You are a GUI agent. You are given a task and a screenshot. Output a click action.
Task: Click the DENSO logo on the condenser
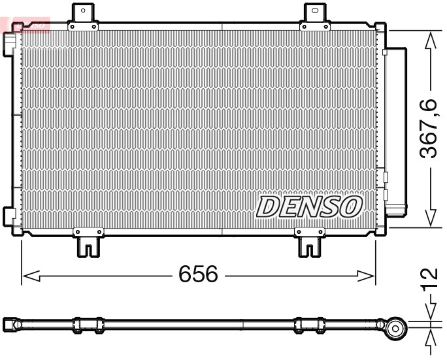(309, 206)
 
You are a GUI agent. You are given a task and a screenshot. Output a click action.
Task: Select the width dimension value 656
(198, 274)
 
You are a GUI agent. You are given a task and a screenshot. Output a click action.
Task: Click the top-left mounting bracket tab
(83, 14)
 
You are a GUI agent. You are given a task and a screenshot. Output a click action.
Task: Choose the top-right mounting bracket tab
(315, 14)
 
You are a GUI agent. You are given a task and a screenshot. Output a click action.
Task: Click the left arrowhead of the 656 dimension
(30, 276)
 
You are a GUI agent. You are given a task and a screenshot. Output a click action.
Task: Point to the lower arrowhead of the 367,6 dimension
(429, 218)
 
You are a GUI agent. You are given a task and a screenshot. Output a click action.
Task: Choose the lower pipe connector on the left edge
(10, 216)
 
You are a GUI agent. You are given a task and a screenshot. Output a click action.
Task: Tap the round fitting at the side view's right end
(394, 328)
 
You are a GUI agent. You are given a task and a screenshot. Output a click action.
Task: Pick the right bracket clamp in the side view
(309, 325)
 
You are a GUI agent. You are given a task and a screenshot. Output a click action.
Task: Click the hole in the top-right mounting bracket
(315, 10)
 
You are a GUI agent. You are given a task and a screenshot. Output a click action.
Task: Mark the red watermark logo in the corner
(26, 24)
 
